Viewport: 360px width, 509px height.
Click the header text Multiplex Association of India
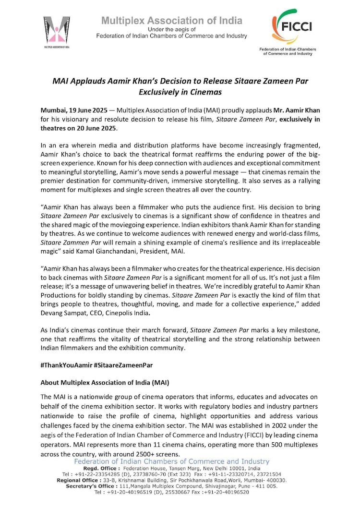pos(171,21)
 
